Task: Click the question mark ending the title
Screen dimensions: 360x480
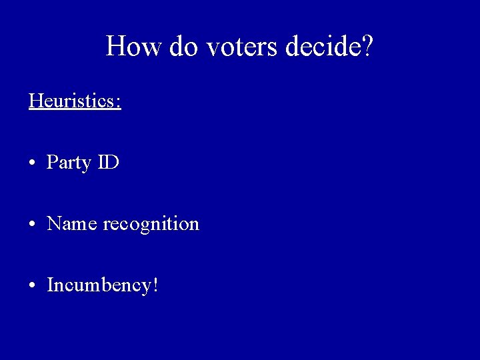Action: pyautogui.click(x=367, y=47)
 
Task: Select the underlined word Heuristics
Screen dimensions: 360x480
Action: pyautogui.click(x=71, y=101)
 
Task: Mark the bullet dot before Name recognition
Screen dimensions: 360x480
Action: pyautogui.click(x=32, y=225)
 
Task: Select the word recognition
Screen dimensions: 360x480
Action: pyautogui.click(x=151, y=225)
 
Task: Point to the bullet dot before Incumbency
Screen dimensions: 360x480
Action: pyautogui.click(x=32, y=286)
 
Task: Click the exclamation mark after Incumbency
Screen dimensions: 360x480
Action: pyautogui.click(x=155, y=285)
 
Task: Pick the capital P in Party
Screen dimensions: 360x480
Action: pyautogui.click(x=51, y=162)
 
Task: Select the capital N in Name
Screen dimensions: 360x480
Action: pyautogui.click(x=54, y=223)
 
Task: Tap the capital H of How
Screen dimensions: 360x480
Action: pyautogui.click(x=117, y=47)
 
